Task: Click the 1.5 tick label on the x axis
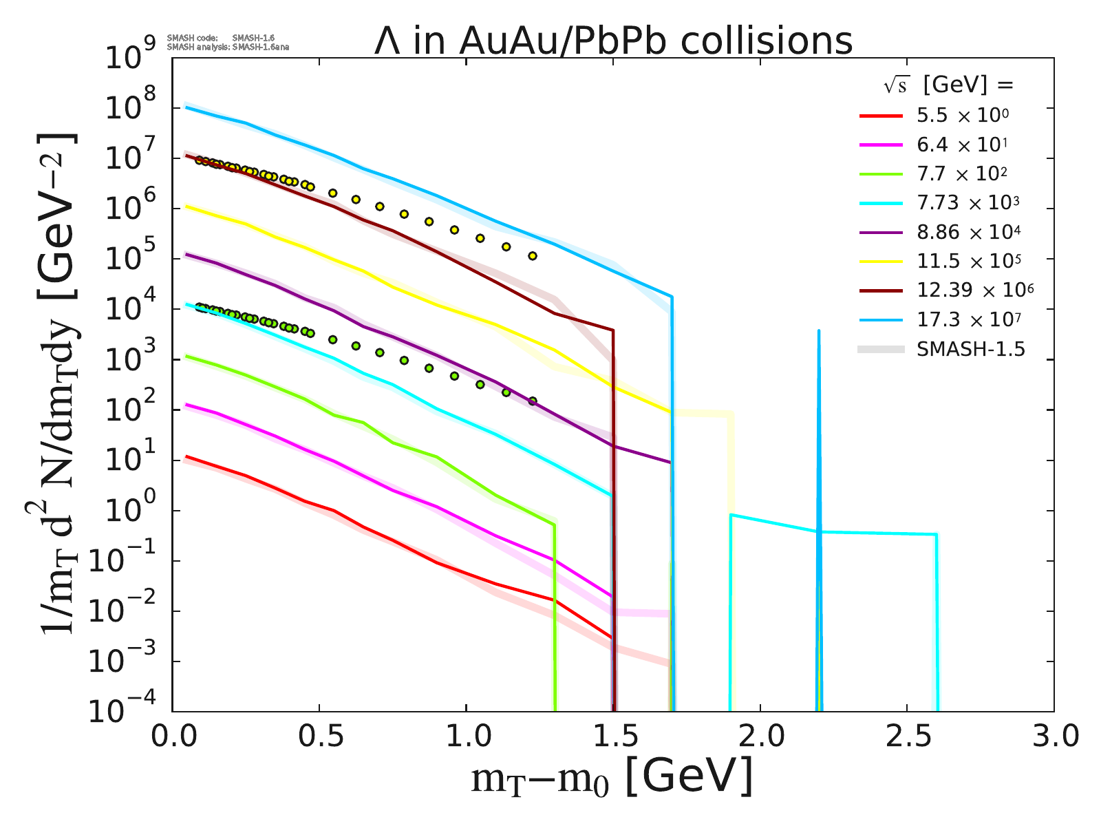coord(612,737)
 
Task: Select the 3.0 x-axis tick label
coord(1053,737)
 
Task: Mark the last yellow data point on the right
coord(532,256)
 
